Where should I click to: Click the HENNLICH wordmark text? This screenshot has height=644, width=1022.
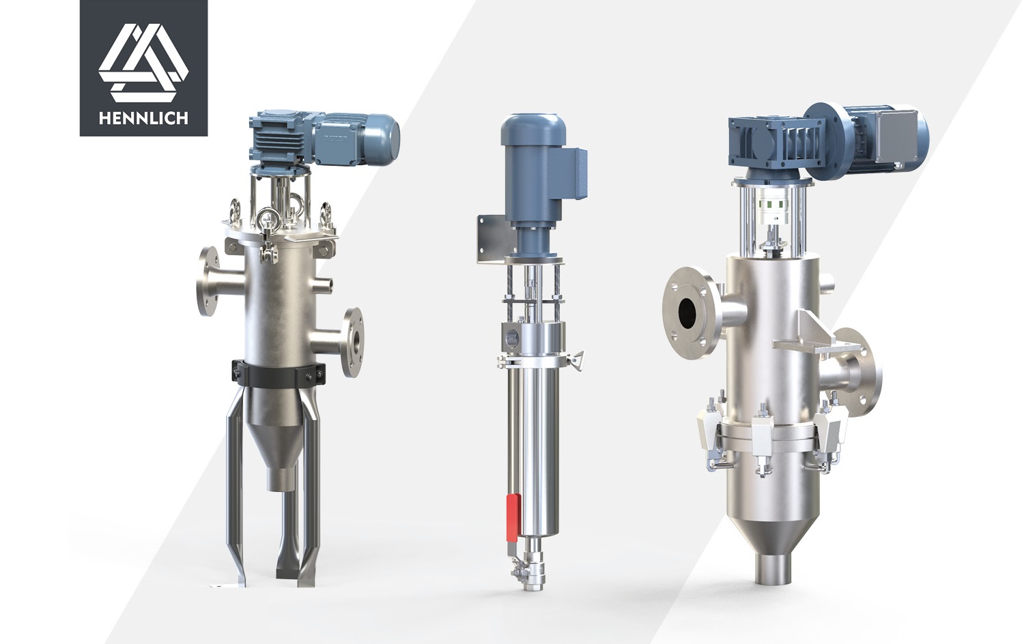[x=143, y=119]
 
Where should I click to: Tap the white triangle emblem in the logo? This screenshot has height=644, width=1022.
[x=143, y=63]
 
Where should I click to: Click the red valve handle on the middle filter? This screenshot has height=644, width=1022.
[x=513, y=518]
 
